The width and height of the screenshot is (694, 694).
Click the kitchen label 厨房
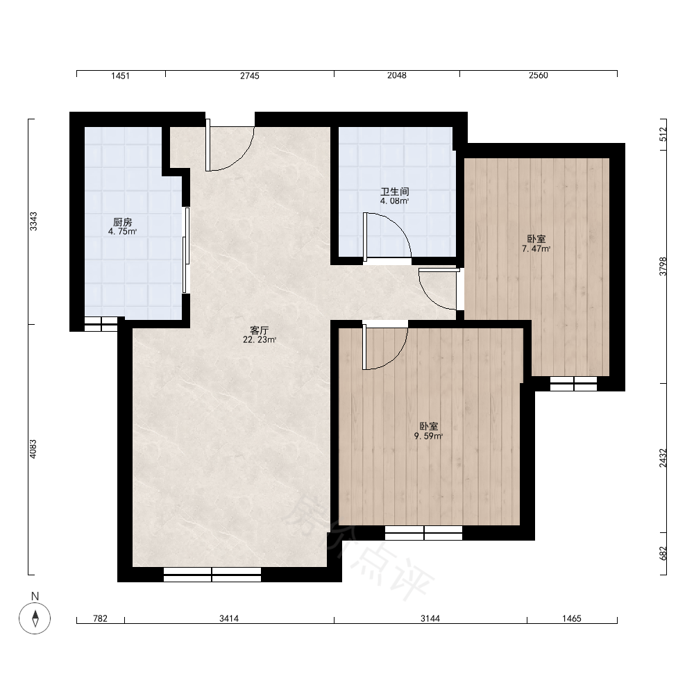123,222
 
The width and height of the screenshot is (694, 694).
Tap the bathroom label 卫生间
395,192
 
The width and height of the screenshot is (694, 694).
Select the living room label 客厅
260,330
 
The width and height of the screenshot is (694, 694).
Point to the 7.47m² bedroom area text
536,248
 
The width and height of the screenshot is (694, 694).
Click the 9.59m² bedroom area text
428,436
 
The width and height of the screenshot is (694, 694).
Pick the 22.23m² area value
260,340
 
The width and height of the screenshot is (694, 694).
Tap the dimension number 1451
120,76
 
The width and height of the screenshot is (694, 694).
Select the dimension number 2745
250,76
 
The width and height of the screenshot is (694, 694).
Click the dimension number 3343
33,221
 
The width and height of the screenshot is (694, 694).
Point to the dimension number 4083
33,449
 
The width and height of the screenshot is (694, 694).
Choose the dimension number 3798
663,266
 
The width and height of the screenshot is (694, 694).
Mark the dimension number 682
663,554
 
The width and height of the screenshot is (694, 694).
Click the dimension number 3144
430,618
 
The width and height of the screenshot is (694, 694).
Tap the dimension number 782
100,618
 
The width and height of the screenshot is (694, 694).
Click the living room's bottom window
212,575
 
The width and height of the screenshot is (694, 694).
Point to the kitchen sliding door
186,250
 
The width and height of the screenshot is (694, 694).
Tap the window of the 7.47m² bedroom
574,384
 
